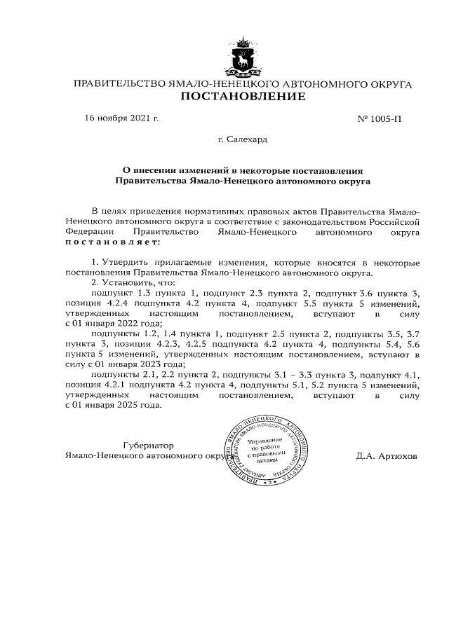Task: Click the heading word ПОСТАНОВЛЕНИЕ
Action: point(243,97)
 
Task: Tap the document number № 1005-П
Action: point(380,118)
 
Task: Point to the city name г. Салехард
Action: point(242,139)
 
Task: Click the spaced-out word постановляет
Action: point(112,242)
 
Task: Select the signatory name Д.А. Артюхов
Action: point(386,455)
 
